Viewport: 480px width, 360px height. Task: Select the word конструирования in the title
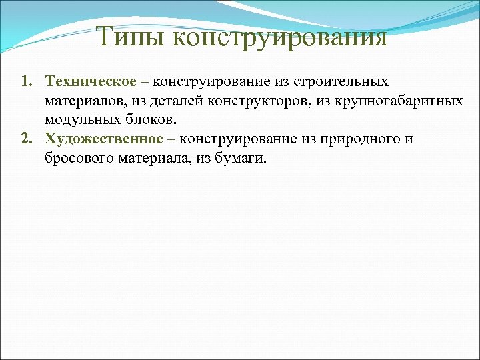279,37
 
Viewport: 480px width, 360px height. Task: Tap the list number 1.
25,82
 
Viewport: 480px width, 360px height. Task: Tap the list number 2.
25,139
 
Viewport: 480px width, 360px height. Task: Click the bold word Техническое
90,82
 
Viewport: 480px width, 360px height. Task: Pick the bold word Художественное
104,139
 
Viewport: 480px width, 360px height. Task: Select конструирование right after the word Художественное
237,139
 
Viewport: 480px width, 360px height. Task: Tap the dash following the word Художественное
171,139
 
